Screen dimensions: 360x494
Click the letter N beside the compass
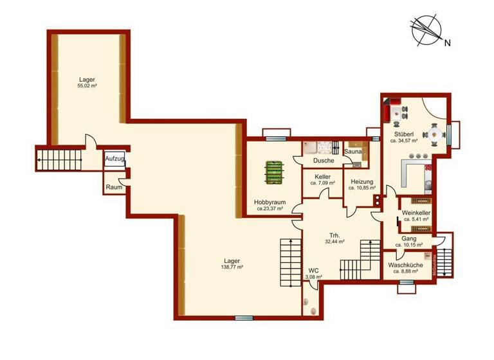click(x=446, y=44)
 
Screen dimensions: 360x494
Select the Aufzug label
click(x=115, y=157)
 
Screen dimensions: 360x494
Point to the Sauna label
click(x=353, y=152)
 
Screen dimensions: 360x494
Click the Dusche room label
click(x=323, y=161)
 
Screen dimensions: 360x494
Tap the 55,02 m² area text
click(x=87, y=85)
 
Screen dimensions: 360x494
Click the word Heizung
click(x=361, y=182)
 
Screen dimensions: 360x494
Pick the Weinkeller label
click(x=416, y=213)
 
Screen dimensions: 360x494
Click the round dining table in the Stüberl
click(x=435, y=134)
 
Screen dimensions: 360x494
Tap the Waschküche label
click(x=405, y=265)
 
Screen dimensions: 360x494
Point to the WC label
click(x=314, y=270)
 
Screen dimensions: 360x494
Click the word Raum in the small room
click(x=114, y=187)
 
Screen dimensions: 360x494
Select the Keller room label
click(x=323, y=176)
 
